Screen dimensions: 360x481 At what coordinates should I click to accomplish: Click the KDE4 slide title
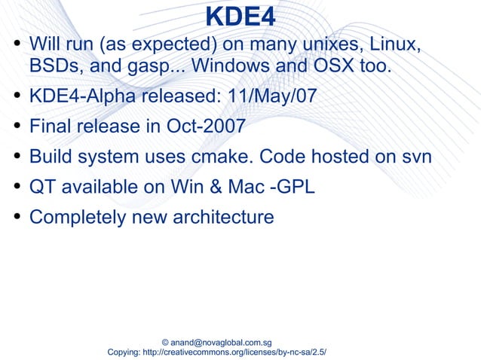[x=240, y=17]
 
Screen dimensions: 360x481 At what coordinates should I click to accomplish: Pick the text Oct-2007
[x=204, y=126]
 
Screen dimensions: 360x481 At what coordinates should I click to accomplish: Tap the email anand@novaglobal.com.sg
[x=222, y=342]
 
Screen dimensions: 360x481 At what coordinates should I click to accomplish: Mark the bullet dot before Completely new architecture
[x=17, y=217]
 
